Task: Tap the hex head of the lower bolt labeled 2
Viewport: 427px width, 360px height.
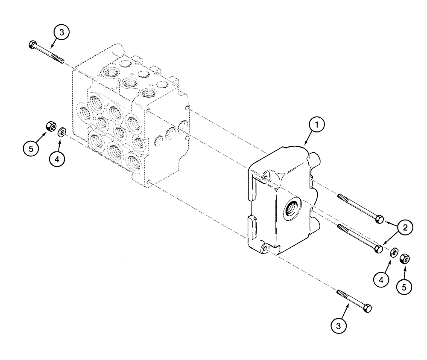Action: [377, 249]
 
